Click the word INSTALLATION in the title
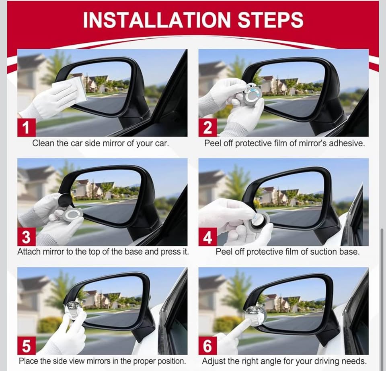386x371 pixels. (x=156, y=20)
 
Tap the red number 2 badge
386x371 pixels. (x=207, y=127)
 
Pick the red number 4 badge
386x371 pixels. (x=207, y=236)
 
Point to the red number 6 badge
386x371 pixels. (x=207, y=346)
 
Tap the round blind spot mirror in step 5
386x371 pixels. (x=74, y=309)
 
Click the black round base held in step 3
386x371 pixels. (x=65, y=200)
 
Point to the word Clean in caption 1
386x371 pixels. (x=43, y=143)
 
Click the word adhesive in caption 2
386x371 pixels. (x=348, y=143)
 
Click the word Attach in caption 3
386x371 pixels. (x=29, y=252)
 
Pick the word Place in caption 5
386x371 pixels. (x=29, y=361)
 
